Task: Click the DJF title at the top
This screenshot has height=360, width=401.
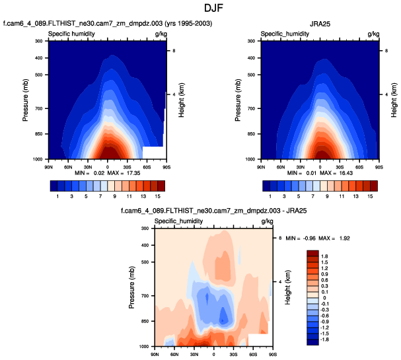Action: point(200,9)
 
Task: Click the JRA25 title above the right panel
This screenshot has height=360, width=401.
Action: point(320,25)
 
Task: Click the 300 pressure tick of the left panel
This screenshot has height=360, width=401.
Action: point(38,41)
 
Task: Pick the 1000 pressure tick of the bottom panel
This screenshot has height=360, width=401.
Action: point(143,346)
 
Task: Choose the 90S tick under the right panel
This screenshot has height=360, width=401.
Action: point(378,165)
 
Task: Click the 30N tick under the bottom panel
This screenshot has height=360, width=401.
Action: point(194,352)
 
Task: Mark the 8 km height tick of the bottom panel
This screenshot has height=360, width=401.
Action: point(279,237)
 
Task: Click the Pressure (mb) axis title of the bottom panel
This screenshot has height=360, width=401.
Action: point(131,287)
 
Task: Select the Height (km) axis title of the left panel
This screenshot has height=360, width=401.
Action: point(181,100)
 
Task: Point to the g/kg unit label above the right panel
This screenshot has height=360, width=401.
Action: point(373,33)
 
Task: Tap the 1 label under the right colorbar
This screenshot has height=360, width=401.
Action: point(269,197)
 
